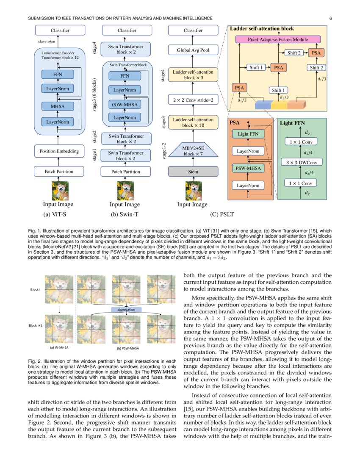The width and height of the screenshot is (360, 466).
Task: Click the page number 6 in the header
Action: (x=330, y=18)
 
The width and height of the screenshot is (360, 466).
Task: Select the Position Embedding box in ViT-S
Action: (x=59, y=151)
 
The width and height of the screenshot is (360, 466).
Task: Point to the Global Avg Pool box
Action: (x=193, y=50)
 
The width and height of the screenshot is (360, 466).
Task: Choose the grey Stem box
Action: (x=193, y=172)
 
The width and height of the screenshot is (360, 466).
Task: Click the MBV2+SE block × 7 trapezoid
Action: (x=193, y=150)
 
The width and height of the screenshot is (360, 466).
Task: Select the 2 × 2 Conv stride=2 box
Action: (x=193, y=100)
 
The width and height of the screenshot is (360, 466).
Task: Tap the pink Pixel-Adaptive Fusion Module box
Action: (x=278, y=39)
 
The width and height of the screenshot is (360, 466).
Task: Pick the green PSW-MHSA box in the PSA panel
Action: (x=248, y=169)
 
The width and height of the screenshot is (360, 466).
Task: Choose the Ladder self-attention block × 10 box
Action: (x=193, y=123)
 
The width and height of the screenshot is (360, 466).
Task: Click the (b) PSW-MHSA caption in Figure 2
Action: (x=127, y=348)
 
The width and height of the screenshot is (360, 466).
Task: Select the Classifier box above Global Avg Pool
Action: (x=193, y=31)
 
